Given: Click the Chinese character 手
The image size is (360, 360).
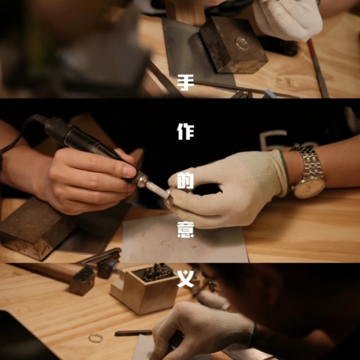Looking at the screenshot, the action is [x=186, y=83].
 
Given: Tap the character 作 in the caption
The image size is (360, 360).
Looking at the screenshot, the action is [x=186, y=132].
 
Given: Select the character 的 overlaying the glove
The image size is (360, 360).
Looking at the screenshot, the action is [x=186, y=181].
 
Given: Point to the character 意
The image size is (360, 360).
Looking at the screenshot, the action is [x=186, y=229].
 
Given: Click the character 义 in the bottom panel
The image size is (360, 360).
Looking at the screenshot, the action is [x=186, y=279].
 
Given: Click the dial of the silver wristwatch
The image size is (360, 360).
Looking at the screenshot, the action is [x=309, y=188].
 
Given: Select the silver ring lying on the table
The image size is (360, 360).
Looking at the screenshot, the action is [x=96, y=338].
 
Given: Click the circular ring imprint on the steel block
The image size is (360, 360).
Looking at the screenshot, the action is [x=242, y=43].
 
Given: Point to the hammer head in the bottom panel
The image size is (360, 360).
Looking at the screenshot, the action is [x=82, y=280].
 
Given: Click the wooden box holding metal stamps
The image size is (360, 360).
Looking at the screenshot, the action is [x=145, y=290].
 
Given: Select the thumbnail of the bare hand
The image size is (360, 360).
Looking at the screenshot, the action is [x=129, y=170].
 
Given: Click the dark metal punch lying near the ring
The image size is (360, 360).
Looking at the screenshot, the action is [x=134, y=333].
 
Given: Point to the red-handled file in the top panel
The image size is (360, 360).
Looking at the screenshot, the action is [x=318, y=68].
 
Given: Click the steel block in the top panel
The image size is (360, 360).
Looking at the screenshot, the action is [x=233, y=45].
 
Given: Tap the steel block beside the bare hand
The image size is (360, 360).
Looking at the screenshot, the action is [x=34, y=229].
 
